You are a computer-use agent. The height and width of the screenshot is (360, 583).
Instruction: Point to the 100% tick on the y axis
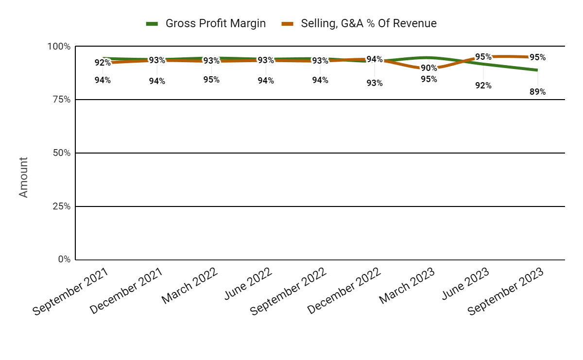pos(59,47)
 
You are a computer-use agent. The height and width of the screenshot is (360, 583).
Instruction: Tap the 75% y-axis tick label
pos(61,100)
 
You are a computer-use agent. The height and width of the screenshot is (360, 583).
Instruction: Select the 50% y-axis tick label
pos(61,153)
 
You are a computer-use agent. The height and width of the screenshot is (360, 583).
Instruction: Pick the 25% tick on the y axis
pos(61,206)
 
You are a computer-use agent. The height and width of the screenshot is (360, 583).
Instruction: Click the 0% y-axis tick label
pos(64,259)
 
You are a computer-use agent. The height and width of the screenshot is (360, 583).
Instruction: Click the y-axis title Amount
pos(23,177)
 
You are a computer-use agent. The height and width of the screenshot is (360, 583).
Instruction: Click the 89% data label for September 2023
pos(537,91)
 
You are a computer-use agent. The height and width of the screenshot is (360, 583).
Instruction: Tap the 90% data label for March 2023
pos(429,69)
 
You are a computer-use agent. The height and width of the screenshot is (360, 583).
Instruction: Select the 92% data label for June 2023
pos(483,86)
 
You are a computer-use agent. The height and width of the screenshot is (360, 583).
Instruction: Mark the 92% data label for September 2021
pos(103,63)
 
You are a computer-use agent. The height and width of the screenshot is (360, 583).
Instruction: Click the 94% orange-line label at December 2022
pos(374,60)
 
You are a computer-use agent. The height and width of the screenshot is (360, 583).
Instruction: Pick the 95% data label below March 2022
pos(211,80)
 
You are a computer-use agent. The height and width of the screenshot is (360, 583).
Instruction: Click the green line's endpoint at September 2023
pos(537,70)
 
